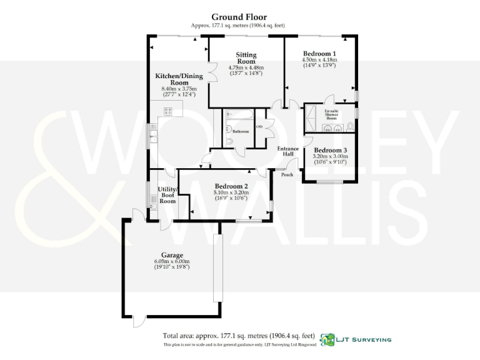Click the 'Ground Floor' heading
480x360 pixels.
point(239,17)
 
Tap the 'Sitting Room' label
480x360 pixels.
point(246,58)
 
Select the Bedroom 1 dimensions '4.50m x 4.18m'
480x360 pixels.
point(320,60)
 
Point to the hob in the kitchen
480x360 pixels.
point(168,111)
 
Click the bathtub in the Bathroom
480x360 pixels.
point(237,114)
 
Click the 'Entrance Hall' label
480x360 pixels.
point(288,151)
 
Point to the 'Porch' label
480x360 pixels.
point(287,174)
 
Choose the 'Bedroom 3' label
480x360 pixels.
point(330,151)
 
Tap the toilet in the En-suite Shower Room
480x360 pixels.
point(351,127)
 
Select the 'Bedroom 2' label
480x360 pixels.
point(231,186)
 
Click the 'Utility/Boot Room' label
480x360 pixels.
point(168,194)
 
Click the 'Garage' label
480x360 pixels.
point(172,255)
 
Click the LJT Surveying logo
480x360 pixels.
point(356,339)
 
